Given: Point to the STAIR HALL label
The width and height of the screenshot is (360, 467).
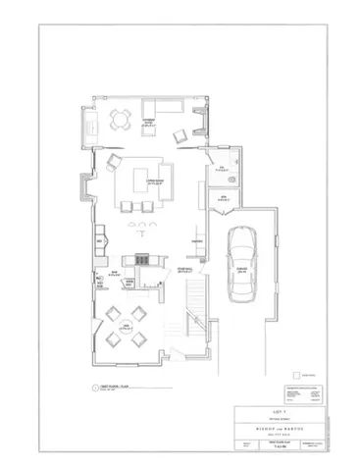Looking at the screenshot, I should (182, 269).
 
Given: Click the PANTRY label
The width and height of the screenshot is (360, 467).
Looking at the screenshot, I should (196, 239).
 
